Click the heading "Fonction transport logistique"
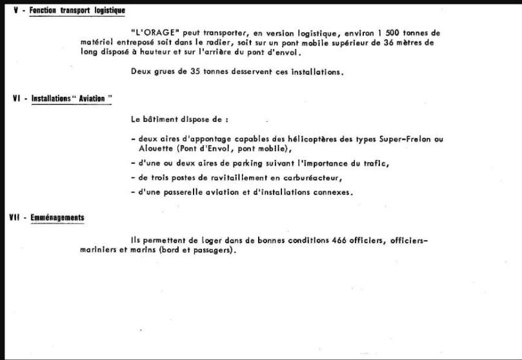pos(77,10)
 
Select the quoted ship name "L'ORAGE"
pos(152,32)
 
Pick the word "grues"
pos(166,72)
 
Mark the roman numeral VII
pos(14,217)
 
